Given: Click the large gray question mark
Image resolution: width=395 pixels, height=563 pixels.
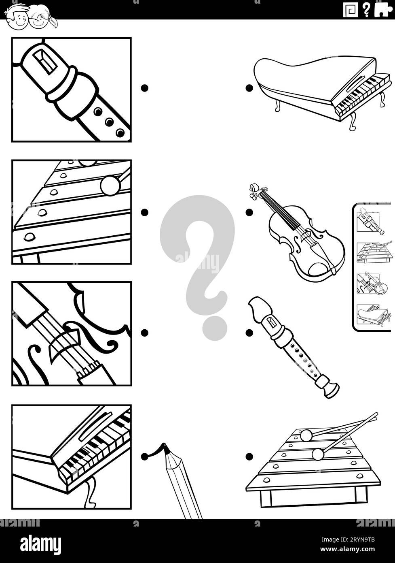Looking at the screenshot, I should (198, 259).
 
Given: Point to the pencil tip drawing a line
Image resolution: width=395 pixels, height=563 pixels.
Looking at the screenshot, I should (165, 448).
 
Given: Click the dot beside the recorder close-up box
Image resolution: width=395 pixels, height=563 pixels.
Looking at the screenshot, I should (144, 88).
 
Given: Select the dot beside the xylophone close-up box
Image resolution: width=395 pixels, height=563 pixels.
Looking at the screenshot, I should (144, 212).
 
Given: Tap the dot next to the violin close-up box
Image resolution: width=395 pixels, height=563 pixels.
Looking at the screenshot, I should (144, 333).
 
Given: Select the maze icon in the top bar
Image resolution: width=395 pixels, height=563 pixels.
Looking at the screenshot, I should (350, 10).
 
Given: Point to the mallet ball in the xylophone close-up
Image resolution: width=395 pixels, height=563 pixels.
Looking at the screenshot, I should (110, 186).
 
